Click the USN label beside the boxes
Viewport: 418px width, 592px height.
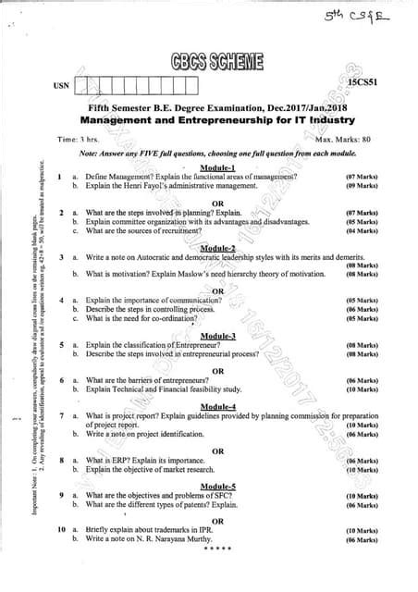(61, 86)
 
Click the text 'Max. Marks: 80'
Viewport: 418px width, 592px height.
(343, 139)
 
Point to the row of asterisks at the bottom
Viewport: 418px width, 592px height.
(219, 549)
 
